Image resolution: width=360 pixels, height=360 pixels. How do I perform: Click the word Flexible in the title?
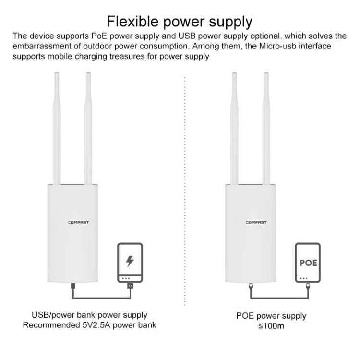click(x=132, y=22)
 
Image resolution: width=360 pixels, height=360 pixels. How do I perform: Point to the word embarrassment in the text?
click(x=42, y=46)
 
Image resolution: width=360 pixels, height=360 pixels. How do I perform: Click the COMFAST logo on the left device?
click(x=79, y=222)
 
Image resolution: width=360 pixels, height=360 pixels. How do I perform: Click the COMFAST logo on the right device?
click(x=256, y=222)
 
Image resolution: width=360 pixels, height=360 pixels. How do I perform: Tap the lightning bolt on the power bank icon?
click(x=130, y=261)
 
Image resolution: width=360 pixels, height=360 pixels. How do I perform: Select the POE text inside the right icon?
click(x=308, y=263)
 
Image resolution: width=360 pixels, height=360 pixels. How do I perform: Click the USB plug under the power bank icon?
click(x=130, y=286)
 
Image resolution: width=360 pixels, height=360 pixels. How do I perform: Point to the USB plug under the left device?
click(x=73, y=286)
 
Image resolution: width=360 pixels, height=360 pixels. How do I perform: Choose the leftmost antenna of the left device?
click(x=57, y=128)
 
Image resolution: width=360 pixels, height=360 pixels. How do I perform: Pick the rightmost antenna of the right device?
click(x=266, y=128)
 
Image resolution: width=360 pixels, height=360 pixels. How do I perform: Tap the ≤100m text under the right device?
click(x=271, y=326)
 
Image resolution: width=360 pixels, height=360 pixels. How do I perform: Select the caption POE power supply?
click(x=271, y=316)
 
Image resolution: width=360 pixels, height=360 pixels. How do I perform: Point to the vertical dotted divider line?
click(x=185, y=191)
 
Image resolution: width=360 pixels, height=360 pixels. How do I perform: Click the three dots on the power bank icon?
click(x=126, y=278)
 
